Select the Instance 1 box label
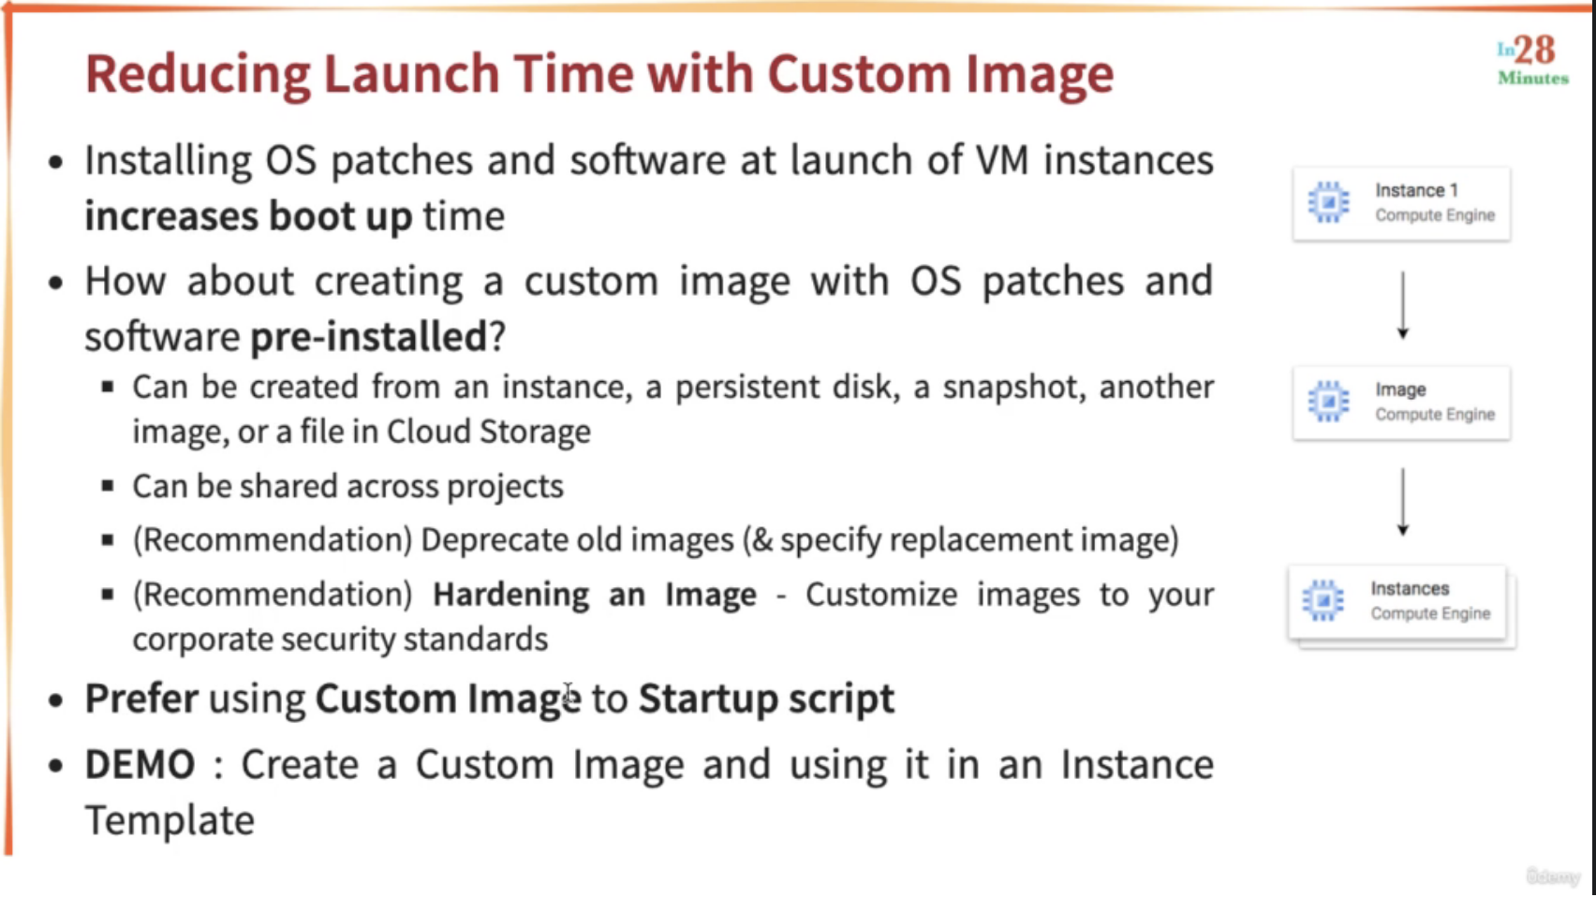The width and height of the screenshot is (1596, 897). click(x=1416, y=190)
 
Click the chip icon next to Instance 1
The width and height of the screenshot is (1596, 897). click(x=1328, y=202)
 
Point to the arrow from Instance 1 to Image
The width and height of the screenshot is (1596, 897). click(x=1403, y=305)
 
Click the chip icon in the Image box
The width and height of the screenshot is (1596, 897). click(x=1328, y=401)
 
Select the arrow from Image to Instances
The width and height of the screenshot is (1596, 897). click(x=1403, y=502)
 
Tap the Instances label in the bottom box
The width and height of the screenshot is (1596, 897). click(x=1410, y=589)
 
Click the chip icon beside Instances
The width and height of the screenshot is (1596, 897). click(x=1323, y=600)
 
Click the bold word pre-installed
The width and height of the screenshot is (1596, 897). click(x=368, y=337)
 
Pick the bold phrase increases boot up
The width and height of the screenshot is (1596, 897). click(x=248, y=216)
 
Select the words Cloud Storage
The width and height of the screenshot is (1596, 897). click(x=488, y=432)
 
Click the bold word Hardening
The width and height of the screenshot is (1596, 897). click(x=510, y=595)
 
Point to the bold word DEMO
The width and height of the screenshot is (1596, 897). click(x=140, y=764)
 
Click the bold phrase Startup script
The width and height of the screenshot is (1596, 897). click(x=766, y=699)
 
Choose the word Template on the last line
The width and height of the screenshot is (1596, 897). click(x=170, y=820)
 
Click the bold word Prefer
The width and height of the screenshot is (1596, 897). click(x=141, y=698)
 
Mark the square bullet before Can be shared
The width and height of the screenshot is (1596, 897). click(x=108, y=487)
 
